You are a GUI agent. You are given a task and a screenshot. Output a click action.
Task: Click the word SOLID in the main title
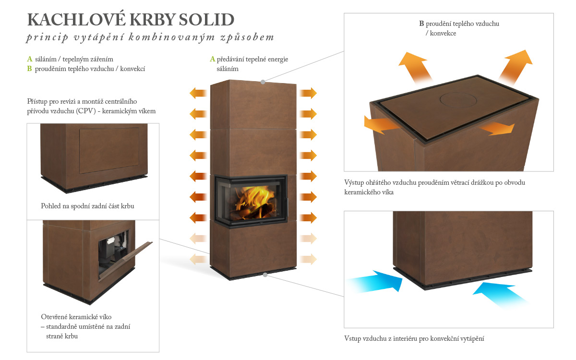click(x=206, y=20)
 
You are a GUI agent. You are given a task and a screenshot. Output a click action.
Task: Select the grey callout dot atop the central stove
click(x=263, y=82)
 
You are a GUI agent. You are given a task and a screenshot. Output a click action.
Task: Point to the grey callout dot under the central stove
click(x=265, y=275)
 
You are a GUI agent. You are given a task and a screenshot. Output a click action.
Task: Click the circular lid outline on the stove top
click(x=458, y=100)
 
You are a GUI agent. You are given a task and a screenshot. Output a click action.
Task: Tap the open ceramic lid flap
click(x=125, y=261)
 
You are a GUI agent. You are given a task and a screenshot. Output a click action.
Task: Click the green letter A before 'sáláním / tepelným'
click(x=30, y=59)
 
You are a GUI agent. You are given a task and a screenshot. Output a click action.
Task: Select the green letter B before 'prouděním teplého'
click(x=30, y=69)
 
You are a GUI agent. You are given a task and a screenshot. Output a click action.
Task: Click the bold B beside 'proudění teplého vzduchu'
click(x=421, y=24)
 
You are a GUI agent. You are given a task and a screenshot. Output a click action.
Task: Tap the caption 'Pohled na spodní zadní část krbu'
click(x=87, y=206)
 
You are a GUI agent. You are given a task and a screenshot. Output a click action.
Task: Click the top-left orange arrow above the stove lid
click(x=415, y=66)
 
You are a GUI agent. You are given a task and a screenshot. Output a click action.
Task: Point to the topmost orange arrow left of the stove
click(x=198, y=93)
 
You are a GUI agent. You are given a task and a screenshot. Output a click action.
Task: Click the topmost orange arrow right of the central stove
click(x=308, y=93)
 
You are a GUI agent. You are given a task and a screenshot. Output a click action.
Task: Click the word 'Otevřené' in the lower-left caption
click(x=54, y=317)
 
